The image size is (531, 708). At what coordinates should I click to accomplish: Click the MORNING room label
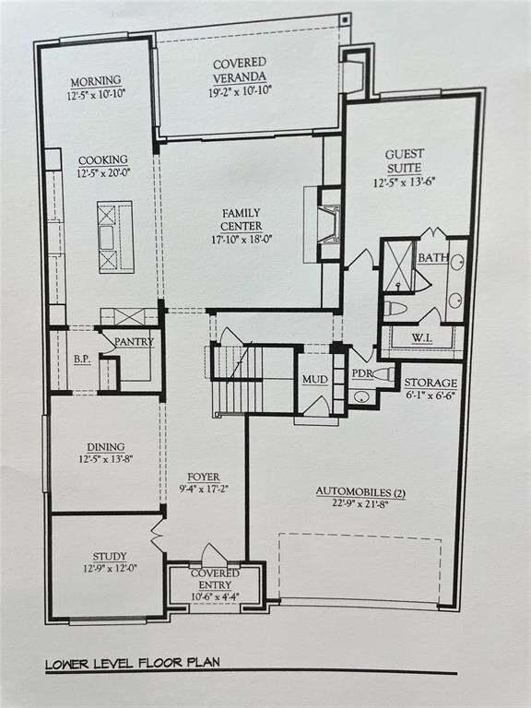[x=96, y=82]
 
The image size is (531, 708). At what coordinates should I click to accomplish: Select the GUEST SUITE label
[x=404, y=161]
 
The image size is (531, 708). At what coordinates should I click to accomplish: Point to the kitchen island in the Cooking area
[x=115, y=237]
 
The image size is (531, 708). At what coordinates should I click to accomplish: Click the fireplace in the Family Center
[x=330, y=224]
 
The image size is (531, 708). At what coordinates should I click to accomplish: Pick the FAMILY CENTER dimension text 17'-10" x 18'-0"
[x=242, y=240]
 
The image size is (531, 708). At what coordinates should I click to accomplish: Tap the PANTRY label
[x=134, y=342]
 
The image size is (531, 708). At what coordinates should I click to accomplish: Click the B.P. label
[x=83, y=360]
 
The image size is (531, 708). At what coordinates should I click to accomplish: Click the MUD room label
[x=314, y=379]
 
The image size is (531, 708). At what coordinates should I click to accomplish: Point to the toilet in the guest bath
[x=395, y=309]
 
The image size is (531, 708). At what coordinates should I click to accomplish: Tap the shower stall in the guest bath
[x=398, y=266]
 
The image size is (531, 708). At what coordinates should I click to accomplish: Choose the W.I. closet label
[x=420, y=337]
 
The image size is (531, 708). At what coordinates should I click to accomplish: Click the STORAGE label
[x=431, y=383]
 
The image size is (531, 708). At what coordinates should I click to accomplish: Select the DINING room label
[x=106, y=447]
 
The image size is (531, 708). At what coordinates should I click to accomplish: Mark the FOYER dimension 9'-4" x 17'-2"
[x=204, y=488]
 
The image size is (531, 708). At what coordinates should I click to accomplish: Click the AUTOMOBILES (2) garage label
[x=360, y=491]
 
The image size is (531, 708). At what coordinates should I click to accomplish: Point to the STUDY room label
[x=110, y=557]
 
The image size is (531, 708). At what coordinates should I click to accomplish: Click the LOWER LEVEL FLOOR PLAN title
[x=133, y=664]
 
